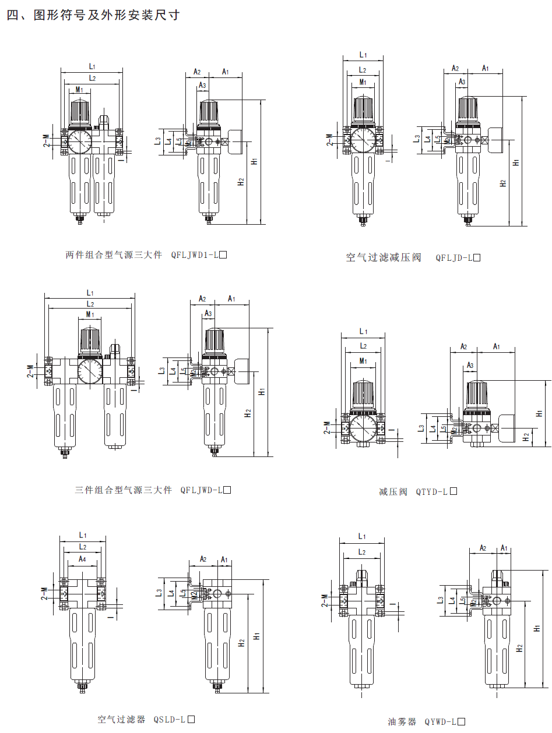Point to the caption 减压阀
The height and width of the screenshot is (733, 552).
click(393, 492)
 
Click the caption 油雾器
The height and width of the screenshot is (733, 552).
click(402, 722)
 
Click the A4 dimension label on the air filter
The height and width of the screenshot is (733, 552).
click(83, 560)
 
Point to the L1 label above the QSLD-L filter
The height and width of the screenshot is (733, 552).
click(83, 535)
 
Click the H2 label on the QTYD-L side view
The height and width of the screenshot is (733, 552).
click(526, 435)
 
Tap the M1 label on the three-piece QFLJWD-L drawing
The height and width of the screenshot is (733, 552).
click(90, 314)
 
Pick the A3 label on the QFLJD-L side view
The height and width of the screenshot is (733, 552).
click(462, 82)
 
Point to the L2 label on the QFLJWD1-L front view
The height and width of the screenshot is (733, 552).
click(92, 77)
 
